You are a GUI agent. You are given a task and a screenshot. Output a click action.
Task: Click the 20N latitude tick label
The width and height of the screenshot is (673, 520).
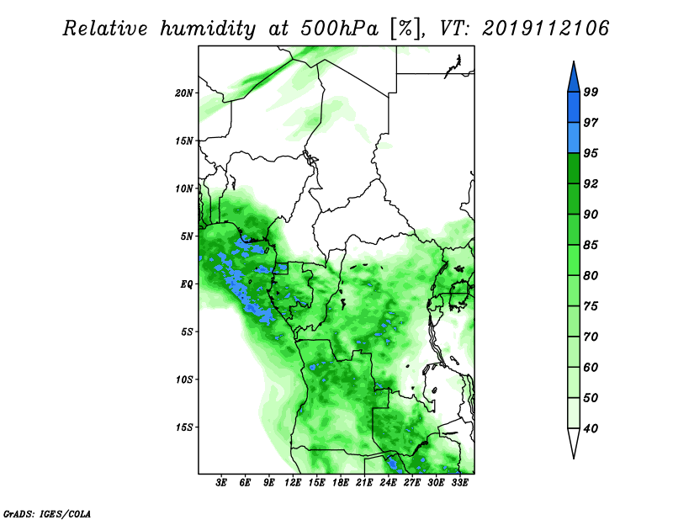(x=184, y=93)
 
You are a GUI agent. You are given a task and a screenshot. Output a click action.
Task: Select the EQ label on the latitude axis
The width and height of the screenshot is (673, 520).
(x=187, y=284)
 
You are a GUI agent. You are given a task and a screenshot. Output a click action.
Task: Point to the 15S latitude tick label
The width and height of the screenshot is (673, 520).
(x=184, y=427)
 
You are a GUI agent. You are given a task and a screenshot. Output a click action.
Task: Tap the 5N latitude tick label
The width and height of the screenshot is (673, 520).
(x=187, y=236)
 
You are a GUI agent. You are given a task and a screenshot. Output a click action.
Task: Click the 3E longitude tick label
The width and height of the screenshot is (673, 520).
(x=221, y=483)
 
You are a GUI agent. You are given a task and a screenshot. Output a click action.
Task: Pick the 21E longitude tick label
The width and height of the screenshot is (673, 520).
(x=364, y=483)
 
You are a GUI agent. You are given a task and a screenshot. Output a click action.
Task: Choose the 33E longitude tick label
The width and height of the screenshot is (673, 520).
(x=459, y=483)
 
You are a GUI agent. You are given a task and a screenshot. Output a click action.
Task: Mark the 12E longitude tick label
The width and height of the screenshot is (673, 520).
(x=293, y=483)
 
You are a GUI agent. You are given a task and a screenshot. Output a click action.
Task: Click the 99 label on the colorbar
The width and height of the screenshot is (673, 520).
(x=591, y=92)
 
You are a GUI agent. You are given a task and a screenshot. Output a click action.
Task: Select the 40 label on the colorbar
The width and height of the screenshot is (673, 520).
(x=591, y=428)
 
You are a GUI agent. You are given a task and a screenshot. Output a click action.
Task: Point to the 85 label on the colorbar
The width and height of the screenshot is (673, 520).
(x=591, y=245)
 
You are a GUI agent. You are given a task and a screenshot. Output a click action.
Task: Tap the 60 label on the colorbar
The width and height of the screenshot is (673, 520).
(x=591, y=367)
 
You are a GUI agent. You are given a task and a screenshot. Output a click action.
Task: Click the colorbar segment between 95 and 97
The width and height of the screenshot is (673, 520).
(x=574, y=138)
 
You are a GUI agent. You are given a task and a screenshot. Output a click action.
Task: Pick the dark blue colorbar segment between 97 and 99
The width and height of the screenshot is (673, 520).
(x=574, y=108)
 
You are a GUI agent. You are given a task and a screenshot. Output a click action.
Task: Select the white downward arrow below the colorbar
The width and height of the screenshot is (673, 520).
(x=574, y=443)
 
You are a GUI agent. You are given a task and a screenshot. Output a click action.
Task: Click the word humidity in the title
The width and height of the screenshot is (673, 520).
(x=208, y=29)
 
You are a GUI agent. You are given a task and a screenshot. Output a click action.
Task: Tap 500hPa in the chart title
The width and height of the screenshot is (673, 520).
(x=340, y=29)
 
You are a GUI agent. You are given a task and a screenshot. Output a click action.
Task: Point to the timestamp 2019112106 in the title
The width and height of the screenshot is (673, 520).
(x=545, y=29)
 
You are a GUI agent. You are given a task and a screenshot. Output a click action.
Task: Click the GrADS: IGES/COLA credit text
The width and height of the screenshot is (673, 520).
(x=47, y=513)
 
